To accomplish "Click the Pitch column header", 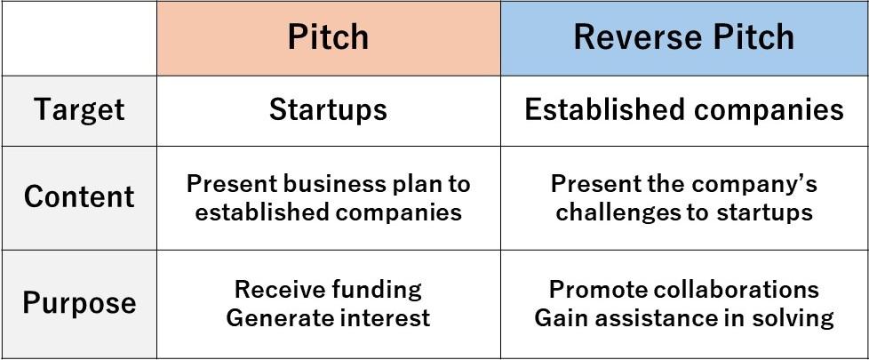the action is pos(328,37).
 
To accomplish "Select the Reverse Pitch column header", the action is pos(684,37).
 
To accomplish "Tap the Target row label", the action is pos(79,110).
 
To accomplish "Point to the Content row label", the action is pos(79,197).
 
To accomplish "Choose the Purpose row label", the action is pos(79,303).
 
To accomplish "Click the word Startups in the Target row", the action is pos(328,110).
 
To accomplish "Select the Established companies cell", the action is pos(684,110).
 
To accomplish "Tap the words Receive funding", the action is pos(328,289).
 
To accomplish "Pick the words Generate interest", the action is pos(328,318).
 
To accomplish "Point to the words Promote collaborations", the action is pos(684,289).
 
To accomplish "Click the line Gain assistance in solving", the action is pos(684,318).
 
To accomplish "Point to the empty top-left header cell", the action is pos(79,38).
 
